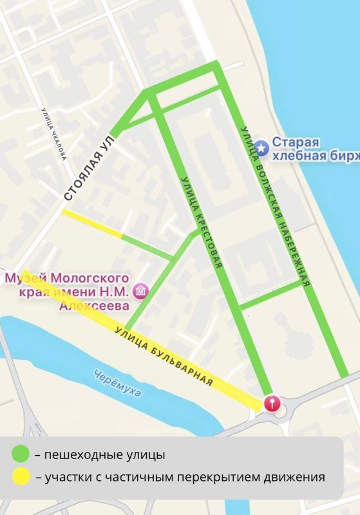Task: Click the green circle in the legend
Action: coord(20,454)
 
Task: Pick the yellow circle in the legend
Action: coord(20,477)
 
